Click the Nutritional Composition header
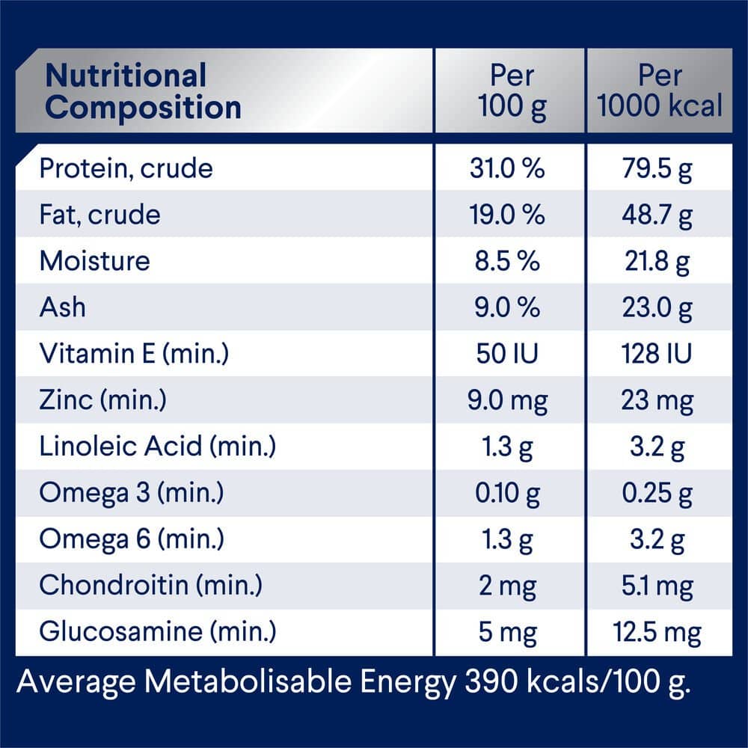pyautogui.click(x=143, y=91)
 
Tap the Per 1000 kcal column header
pyautogui.click(x=660, y=91)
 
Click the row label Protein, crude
pyautogui.click(x=126, y=168)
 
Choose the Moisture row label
pyautogui.click(x=94, y=261)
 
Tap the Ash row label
pyautogui.click(x=62, y=307)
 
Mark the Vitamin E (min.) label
pyautogui.click(x=133, y=354)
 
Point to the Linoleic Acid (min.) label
pyautogui.click(x=157, y=447)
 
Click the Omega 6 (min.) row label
pyautogui.click(x=132, y=539)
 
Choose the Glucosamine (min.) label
pyautogui.click(x=157, y=632)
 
